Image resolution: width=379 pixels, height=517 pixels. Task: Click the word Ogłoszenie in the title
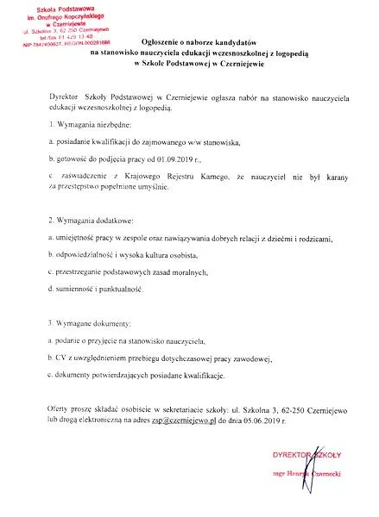click(161, 42)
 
